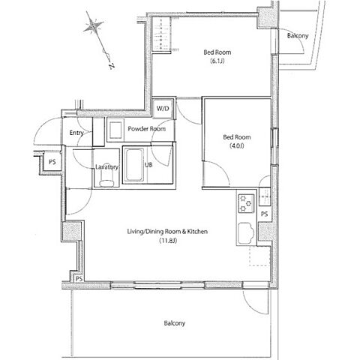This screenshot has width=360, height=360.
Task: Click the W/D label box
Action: tap(163, 109)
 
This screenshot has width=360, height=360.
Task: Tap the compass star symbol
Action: tap(93, 25)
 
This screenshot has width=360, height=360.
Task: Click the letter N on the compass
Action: tap(112, 66)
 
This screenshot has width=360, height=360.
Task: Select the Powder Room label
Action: tap(147, 129)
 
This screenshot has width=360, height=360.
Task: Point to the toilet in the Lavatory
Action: tap(106, 180)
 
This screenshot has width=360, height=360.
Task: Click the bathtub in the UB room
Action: tap(134, 165)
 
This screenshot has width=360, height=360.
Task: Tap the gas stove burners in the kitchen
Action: tap(246, 203)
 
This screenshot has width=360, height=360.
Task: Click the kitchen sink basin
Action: tap(246, 233)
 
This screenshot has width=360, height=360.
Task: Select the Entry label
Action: tap(76, 133)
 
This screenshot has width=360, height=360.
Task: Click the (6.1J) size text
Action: tap(217, 61)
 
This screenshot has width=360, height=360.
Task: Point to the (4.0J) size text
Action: tap(237, 145)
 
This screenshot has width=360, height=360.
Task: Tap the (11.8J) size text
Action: tap(168, 241)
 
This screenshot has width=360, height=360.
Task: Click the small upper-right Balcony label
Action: tap(298, 36)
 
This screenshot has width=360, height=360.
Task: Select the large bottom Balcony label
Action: tap(175, 323)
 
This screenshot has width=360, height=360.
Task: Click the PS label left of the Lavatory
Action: tap(52, 162)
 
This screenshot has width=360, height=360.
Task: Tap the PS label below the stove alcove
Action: tap(264, 214)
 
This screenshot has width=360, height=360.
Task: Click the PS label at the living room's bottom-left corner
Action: tap(79, 279)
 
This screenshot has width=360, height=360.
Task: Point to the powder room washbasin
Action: tap(115, 130)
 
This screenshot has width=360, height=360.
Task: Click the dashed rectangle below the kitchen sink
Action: tap(259, 255)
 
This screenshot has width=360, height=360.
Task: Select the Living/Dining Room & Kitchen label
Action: tap(167, 232)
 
